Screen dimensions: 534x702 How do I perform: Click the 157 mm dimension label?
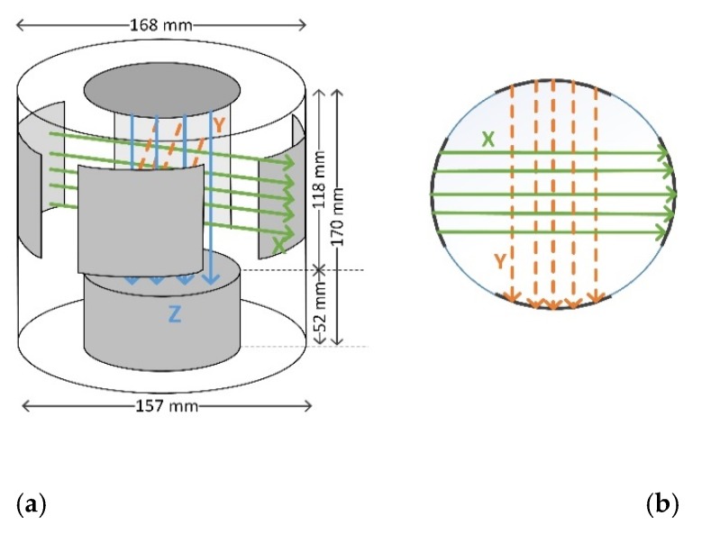click(167, 406)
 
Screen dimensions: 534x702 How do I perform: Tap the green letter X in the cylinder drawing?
click(278, 243)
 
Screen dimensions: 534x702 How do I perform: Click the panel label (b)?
click(662, 503)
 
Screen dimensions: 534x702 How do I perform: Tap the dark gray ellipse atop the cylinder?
click(162, 91)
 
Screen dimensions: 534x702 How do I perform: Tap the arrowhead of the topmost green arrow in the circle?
click(667, 153)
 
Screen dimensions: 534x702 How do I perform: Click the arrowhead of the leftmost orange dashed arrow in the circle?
click(513, 298)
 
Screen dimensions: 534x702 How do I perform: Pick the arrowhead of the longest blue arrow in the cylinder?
click(210, 280)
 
